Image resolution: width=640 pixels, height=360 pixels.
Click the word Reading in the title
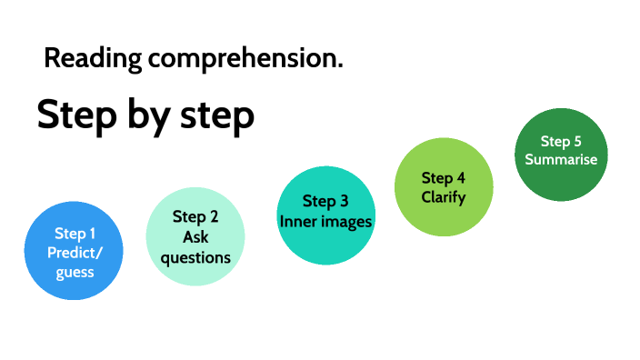click(x=93, y=60)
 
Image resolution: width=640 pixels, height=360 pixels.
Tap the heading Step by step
click(x=145, y=116)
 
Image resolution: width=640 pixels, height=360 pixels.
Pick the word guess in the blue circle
click(x=75, y=271)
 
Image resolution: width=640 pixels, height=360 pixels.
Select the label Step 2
click(x=195, y=217)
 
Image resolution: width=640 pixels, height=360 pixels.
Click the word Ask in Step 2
click(x=195, y=237)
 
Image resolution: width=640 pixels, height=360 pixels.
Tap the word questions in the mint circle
click(x=195, y=257)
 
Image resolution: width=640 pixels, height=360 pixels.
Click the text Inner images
click(x=325, y=221)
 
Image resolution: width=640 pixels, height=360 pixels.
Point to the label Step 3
click(x=325, y=202)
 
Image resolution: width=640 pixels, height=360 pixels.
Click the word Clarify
click(x=444, y=196)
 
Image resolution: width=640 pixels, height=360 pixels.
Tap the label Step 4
click(x=444, y=177)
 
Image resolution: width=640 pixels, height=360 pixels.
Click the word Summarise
click(x=561, y=159)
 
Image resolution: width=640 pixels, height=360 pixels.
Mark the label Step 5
click(x=561, y=141)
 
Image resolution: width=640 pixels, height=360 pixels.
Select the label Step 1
click(x=75, y=234)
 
